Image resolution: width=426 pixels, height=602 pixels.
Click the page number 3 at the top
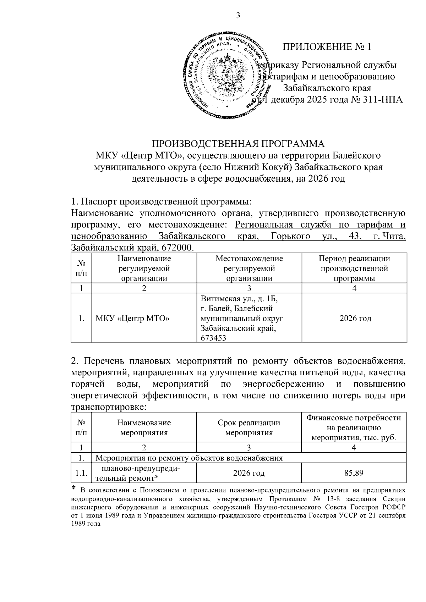pyautogui.click(x=238, y=16)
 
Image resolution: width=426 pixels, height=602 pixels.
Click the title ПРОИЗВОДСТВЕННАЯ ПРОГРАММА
pyautogui.click(x=238, y=144)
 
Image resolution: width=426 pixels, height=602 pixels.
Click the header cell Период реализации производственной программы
pyautogui.click(x=354, y=268)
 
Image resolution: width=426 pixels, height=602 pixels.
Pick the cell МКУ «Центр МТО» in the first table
pyautogui.click(x=132, y=318)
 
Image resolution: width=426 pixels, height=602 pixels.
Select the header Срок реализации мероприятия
pyautogui.click(x=249, y=427)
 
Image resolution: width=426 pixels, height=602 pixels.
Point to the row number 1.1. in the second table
pyautogui.click(x=81, y=473)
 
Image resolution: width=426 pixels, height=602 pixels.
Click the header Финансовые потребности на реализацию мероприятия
pyautogui.click(x=354, y=427)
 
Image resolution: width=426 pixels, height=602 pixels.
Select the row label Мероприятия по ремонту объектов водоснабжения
pyautogui.click(x=189, y=458)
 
